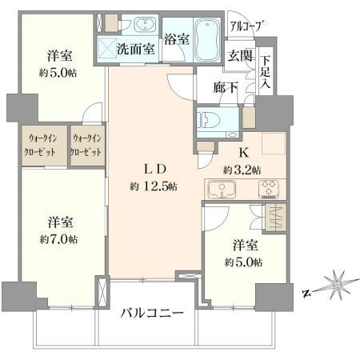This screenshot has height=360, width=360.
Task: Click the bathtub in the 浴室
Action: tap(207, 40)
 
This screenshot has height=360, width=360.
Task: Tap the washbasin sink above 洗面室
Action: tap(145, 25)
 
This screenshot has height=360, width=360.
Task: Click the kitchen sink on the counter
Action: tap(222, 190)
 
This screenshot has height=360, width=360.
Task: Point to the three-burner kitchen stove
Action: tap(269, 190)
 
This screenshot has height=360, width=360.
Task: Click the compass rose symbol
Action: tap(338, 285)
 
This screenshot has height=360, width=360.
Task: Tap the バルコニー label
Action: tap(152, 313)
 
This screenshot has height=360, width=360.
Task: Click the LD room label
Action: tap(155, 169)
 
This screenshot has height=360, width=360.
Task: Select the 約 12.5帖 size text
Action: tap(154, 186)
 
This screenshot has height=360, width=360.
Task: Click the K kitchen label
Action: tap(243, 153)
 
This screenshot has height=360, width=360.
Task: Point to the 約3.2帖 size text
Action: tap(242, 170)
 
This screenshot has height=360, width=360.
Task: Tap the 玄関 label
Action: tap(240, 56)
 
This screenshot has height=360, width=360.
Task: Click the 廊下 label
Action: tap(226, 87)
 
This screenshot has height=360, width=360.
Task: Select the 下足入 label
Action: tap(266, 72)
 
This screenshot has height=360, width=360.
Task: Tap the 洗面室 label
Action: tap(136, 49)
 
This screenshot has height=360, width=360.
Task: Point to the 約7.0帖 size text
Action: tap(58, 240)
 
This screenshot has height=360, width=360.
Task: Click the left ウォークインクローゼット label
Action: tap(40, 145)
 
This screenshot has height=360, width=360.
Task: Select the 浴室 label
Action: tap(177, 39)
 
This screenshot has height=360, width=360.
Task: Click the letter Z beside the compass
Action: tap(307, 293)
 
